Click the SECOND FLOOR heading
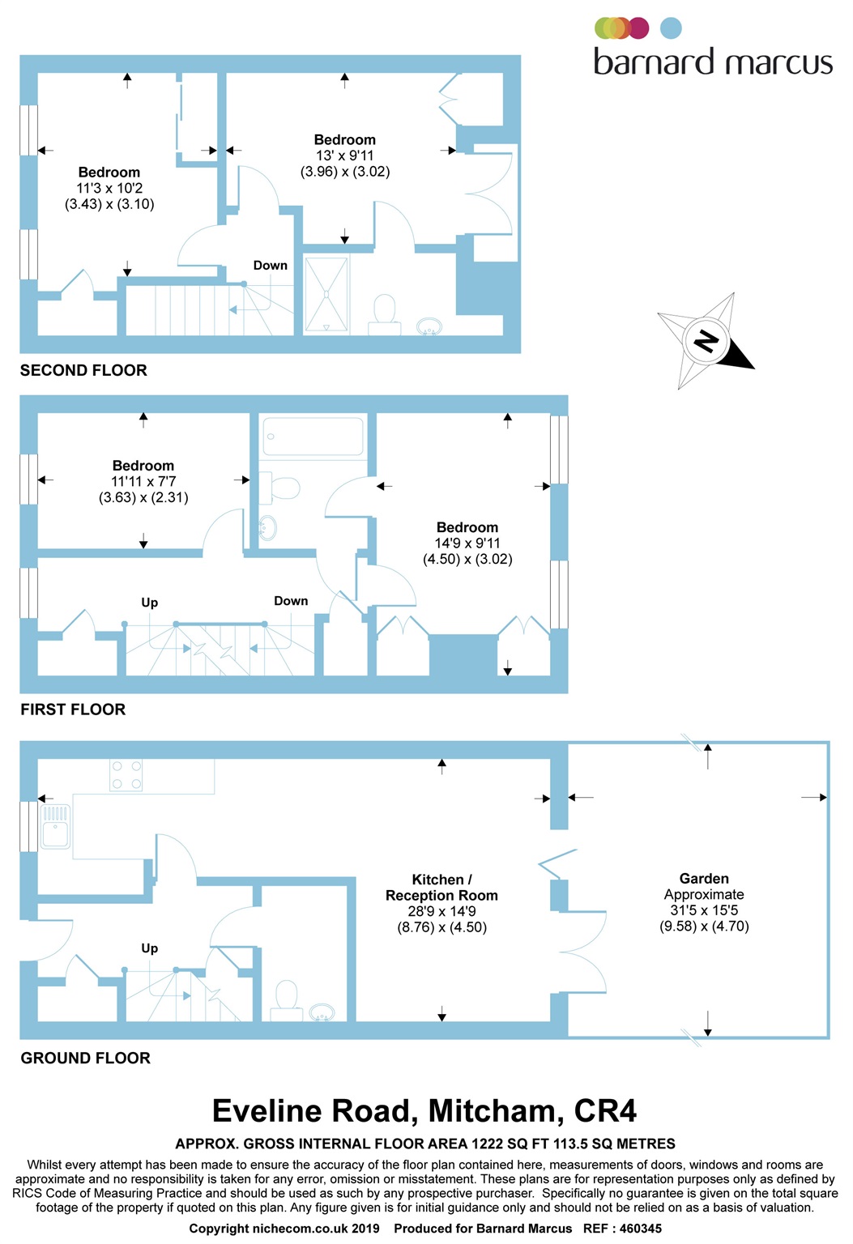tap(83, 370)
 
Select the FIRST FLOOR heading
tap(73, 709)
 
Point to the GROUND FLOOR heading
tap(86, 1058)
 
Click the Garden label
tap(704, 879)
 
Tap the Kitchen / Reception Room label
tap(441, 888)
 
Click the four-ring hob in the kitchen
tap(126, 775)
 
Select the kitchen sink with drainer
tap(55, 826)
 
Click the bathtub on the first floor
tap(313, 437)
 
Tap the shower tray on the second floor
tap(326, 294)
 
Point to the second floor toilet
tap(384, 315)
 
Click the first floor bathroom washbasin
tap(267, 526)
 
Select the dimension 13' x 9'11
tap(344, 155)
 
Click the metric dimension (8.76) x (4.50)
tap(441, 927)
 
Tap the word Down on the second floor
tap(270, 266)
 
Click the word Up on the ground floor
tap(149, 948)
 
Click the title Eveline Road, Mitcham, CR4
tap(424, 1110)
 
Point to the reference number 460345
tap(640, 1229)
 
